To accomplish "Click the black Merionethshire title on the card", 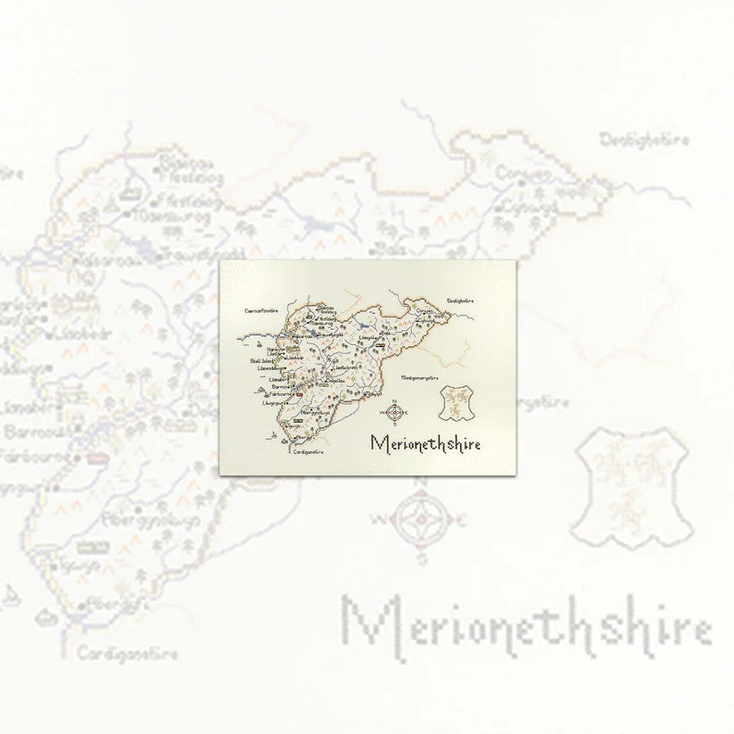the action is (x=425, y=442).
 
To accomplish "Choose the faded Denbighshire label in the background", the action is (x=644, y=139).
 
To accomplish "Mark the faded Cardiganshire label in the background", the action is (x=127, y=654).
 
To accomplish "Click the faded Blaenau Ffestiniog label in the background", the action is (x=186, y=170).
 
